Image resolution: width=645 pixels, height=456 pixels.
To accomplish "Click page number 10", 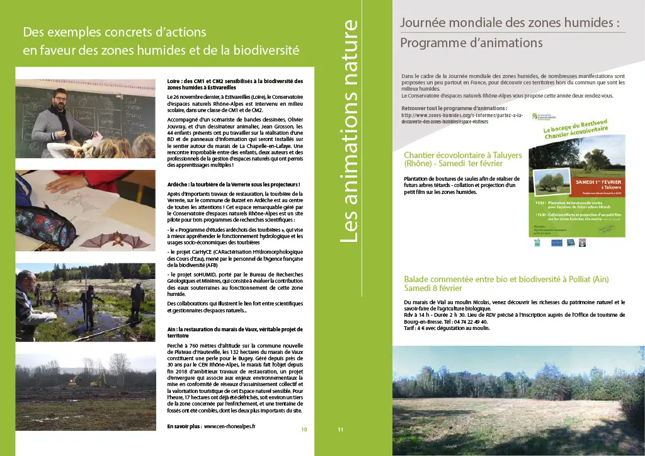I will tap(304, 430).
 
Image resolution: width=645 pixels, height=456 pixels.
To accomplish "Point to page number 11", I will tap(340, 430).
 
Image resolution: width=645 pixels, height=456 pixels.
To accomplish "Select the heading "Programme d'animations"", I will tap(471, 43).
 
